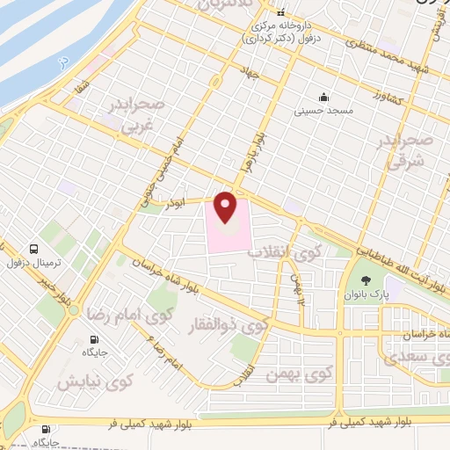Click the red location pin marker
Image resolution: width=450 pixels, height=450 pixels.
[226, 207]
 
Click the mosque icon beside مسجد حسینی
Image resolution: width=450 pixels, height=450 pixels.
[324, 98]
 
